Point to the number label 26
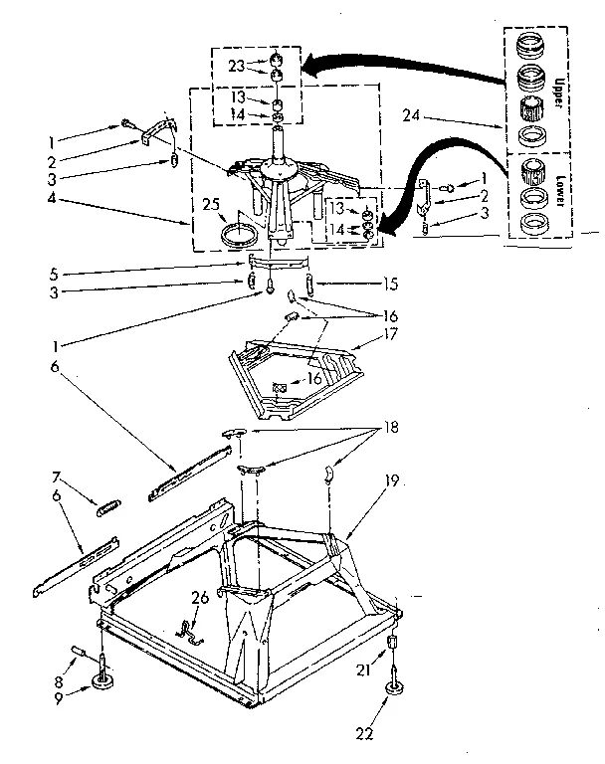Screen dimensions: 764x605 (198, 597)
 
